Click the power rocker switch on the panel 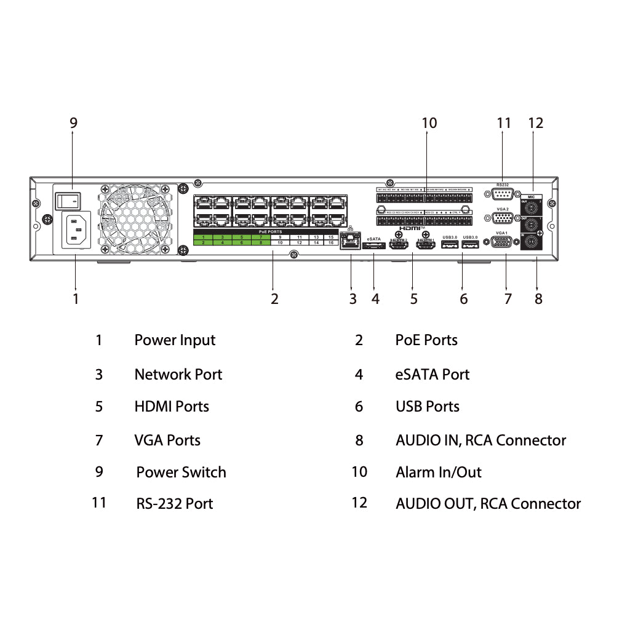(x=68, y=200)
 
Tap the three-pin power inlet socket (x=76, y=230)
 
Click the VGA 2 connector (x=503, y=218)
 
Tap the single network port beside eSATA (x=350, y=242)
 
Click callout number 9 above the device (x=73, y=122)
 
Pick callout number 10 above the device (x=429, y=123)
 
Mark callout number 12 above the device (x=536, y=123)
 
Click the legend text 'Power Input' (x=175, y=340)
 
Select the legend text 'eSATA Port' (x=433, y=374)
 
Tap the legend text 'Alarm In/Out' (x=439, y=472)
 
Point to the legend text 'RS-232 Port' (x=175, y=504)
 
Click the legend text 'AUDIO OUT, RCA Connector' (x=488, y=504)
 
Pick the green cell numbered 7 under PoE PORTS (x=261, y=237)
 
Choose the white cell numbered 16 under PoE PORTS (x=330, y=243)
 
